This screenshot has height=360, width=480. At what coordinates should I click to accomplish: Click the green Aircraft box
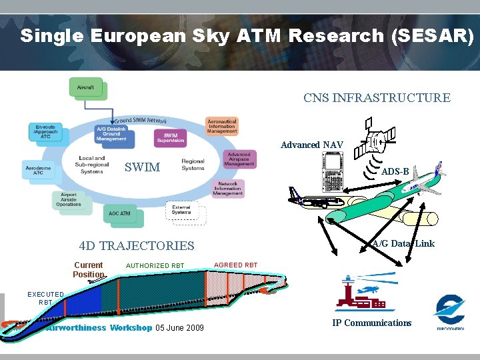click(x=86, y=88)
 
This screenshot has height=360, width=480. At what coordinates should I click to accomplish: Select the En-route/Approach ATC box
click(x=46, y=131)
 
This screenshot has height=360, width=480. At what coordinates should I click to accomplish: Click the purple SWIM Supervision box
click(x=170, y=137)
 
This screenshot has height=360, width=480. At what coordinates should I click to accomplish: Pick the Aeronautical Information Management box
click(x=221, y=126)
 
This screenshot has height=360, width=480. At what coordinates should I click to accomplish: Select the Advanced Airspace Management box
click(x=239, y=159)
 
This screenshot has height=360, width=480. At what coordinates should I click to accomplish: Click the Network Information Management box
click(x=227, y=188)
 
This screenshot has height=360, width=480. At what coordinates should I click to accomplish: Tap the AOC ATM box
click(x=119, y=214)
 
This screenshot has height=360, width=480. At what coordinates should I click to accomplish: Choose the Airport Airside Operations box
click(x=69, y=200)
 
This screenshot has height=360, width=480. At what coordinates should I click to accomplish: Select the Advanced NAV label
click(x=311, y=145)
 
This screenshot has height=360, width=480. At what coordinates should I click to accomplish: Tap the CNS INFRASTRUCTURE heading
click(x=377, y=98)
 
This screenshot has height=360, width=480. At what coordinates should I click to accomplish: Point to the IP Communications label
click(x=372, y=323)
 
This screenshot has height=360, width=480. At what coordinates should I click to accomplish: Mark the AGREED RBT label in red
click(x=235, y=265)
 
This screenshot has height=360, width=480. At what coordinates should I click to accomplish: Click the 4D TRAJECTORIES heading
click(x=136, y=245)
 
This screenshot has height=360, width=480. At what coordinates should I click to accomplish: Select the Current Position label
click(x=89, y=269)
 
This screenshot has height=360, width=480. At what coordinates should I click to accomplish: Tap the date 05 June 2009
click(x=179, y=327)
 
